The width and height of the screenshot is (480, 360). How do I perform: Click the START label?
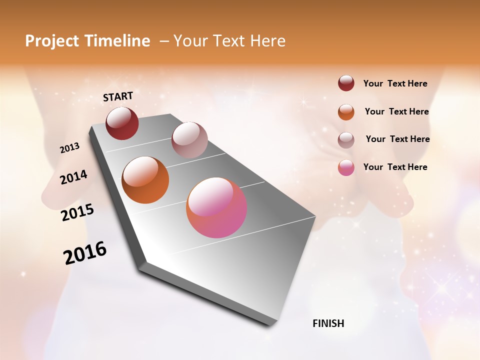(x=118, y=96)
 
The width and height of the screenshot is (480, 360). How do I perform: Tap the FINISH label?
(x=328, y=323)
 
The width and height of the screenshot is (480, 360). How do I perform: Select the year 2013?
(x=69, y=148)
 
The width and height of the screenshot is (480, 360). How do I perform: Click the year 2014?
(x=73, y=177)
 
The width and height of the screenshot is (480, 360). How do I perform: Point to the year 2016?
(x=85, y=253)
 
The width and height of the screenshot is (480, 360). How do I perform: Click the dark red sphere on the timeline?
(x=122, y=123)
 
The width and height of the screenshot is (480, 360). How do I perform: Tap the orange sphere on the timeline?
(x=145, y=180)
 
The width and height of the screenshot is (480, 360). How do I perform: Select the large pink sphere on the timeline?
(x=216, y=207)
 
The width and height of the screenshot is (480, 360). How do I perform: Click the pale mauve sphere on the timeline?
(x=189, y=140)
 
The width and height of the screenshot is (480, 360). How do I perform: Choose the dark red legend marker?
(x=346, y=83)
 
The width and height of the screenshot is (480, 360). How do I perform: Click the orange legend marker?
(x=346, y=112)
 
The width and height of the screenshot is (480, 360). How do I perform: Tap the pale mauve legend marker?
(x=346, y=140)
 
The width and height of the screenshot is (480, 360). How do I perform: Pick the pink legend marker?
(x=346, y=167)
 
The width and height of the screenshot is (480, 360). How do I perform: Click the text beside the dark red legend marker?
(x=395, y=83)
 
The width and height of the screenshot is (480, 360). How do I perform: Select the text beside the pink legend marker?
(x=395, y=167)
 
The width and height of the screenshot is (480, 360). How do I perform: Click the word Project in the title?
(x=52, y=41)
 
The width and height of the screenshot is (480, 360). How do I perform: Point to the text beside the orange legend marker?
(x=396, y=111)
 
